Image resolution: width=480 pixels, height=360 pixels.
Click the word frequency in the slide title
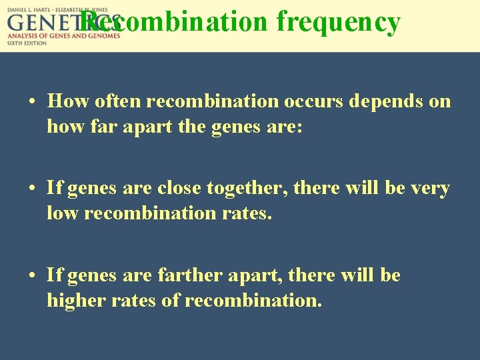tap(338, 23)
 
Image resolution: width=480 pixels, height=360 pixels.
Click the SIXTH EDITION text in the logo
tap(27, 43)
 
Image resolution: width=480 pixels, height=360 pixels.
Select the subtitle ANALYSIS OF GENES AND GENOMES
tap(64, 35)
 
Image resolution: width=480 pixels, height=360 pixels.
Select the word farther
tap(188, 275)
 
